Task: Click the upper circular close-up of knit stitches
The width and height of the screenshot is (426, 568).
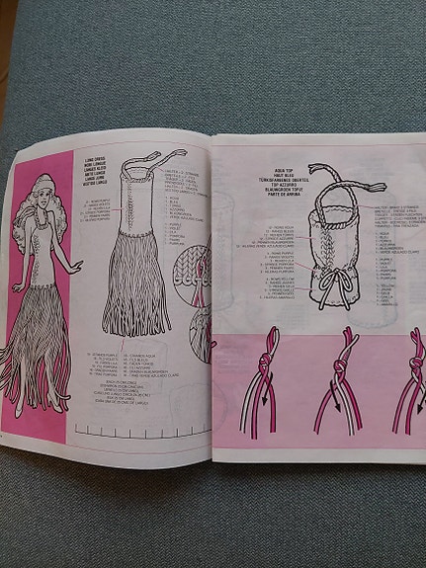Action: (x=191, y=263)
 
